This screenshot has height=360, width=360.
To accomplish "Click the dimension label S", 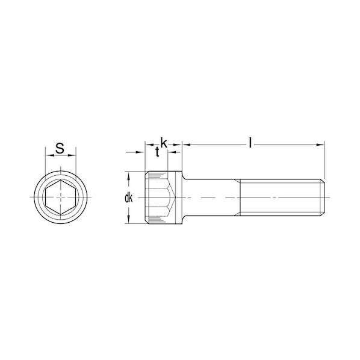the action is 60,148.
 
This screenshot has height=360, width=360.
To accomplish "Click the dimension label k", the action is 164,143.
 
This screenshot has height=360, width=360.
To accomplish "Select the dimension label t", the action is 157,152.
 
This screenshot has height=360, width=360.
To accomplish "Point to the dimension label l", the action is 250,143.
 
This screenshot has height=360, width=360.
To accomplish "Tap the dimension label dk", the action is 129,198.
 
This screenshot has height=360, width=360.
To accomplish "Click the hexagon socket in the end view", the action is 61,197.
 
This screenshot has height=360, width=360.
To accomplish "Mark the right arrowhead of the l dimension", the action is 321,144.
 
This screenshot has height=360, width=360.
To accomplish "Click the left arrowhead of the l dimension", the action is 187,144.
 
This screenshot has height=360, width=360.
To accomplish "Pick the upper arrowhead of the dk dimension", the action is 129,176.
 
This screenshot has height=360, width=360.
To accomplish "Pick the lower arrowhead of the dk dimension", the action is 129,219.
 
